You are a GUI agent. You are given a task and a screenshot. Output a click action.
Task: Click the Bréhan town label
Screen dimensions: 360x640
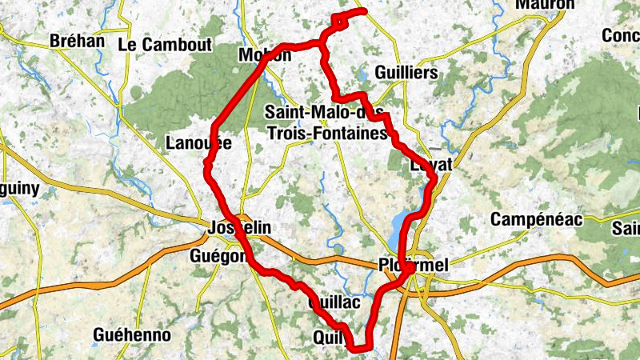77,41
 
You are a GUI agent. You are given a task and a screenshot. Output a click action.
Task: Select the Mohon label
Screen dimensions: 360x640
265,55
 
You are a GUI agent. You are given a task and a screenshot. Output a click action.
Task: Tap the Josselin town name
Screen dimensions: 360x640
239,228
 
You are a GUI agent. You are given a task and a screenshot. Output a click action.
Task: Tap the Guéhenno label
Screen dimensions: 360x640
132,334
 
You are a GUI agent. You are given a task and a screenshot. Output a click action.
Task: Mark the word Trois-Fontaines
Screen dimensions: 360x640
328,134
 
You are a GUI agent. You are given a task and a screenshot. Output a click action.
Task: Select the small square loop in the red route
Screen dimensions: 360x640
340,22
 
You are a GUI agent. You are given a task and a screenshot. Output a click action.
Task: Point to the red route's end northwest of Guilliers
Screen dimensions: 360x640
364,10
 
